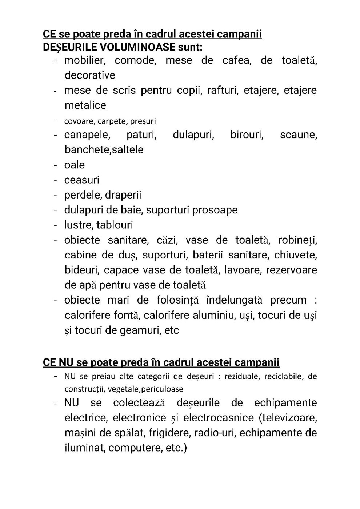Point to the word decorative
point(90,75)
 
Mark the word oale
point(75,165)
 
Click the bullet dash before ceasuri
point(56,180)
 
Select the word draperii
point(123,195)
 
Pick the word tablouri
point(115,225)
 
